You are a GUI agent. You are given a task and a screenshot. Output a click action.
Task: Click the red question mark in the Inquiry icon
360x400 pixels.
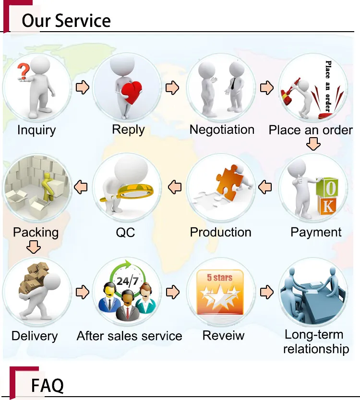click(24, 71)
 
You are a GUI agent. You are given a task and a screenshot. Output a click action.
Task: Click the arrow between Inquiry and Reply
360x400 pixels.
click(83, 87)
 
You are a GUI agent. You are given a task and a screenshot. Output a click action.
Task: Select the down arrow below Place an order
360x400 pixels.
click(313, 144)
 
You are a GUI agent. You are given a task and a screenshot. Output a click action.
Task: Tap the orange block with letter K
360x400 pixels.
click(327, 205)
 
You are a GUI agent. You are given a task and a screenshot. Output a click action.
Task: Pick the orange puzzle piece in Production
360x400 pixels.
click(229, 182)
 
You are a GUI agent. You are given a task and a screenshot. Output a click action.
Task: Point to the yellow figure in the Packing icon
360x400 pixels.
click(48, 186)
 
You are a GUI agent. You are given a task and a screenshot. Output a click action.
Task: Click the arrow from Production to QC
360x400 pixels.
click(175, 187)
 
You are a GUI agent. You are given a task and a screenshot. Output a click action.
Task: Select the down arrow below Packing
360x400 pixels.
click(34, 247)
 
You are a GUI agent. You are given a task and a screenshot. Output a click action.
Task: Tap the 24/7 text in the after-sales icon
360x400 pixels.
click(127, 281)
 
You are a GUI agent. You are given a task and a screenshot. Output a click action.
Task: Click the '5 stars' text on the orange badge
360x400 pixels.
click(219, 277)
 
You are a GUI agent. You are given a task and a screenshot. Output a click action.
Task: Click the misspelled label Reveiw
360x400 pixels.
click(223, 335)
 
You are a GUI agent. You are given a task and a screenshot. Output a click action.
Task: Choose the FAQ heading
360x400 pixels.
click(48, 385)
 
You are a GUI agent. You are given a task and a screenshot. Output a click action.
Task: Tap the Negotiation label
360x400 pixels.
click(222, 129)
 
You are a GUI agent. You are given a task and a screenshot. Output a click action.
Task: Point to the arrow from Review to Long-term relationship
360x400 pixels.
click(267, 292)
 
